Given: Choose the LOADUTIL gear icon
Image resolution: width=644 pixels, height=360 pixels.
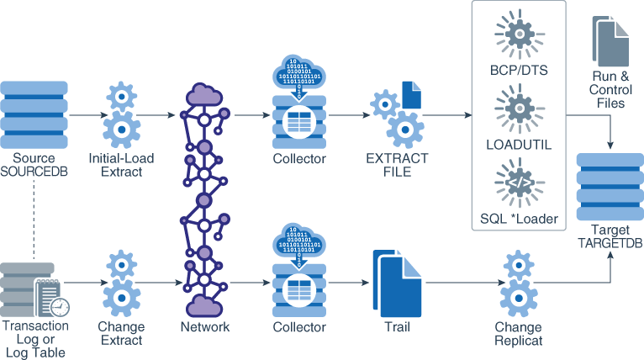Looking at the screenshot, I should coord(518,108).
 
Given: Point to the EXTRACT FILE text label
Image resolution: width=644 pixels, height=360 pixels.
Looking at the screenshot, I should coord(397,165).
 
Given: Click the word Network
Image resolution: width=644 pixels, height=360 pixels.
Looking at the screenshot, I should coord(206,327).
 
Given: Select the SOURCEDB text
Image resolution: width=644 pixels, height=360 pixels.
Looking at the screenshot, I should coord(34,172).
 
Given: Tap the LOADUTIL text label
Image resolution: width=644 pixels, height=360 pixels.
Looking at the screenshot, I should coord(518,145).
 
